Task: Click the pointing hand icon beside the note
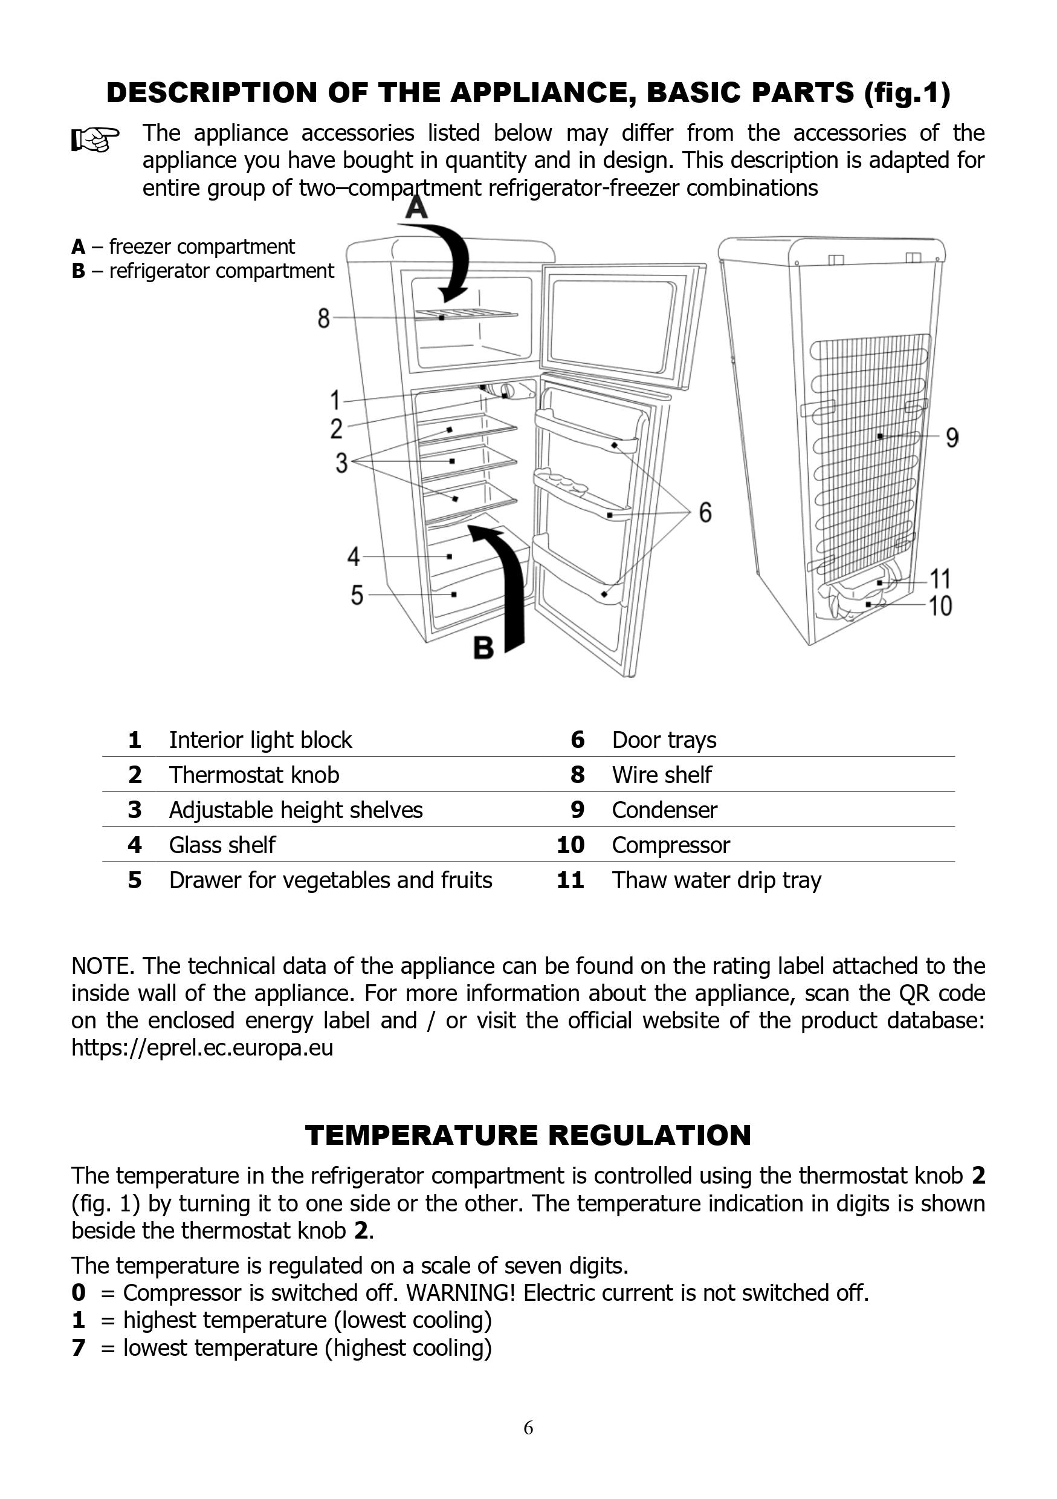[95, 139]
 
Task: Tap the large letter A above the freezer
[417, 208]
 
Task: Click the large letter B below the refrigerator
[483, 648]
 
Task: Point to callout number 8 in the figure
[324, 318]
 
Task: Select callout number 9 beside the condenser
[952, 438]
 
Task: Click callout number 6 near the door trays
[705, 512]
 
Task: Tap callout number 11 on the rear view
[940, 578]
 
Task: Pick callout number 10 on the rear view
[940, 606]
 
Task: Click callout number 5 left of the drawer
[357, 595]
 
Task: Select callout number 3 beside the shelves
[341, 463]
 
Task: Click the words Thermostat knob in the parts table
[254, 775]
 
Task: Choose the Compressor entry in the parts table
[670, 845]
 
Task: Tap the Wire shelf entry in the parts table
[661, 775]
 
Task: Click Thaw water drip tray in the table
[716, 880]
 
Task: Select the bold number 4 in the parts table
[135, 845]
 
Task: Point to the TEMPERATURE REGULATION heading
[528, 1135]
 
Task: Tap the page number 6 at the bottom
[528, 1428]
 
